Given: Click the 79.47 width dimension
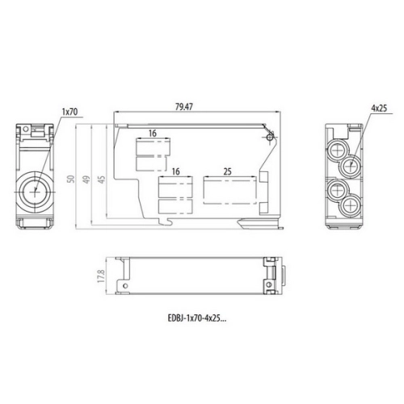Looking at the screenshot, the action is (184, 107).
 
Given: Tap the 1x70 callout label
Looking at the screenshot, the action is (69, 112).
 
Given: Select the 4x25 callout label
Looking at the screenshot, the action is (379, 108).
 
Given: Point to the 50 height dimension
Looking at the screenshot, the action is (71, 179).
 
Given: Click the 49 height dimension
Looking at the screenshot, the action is (86, 179).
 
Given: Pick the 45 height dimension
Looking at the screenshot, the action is (101, 179).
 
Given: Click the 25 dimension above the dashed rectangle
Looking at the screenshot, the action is (227, 171).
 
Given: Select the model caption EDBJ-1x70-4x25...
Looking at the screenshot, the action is (197, 318).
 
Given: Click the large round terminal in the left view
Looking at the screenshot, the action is (35, 192).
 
